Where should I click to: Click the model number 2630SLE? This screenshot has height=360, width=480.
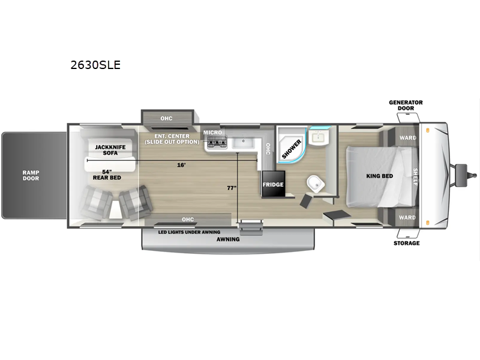(95, 65)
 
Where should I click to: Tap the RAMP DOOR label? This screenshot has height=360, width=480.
(31, 175)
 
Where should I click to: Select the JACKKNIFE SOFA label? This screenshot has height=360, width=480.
(110, 150)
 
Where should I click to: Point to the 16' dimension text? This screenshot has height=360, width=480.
(181, 165)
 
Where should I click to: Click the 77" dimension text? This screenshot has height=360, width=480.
(232, 188)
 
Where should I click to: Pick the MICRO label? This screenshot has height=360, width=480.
(212, 133)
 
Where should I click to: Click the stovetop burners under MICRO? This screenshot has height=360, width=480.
(217, 143)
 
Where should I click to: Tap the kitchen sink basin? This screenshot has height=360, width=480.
(243, 143)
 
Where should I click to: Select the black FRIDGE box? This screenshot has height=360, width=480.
(274, 184)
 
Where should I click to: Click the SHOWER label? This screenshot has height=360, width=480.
(292, 149)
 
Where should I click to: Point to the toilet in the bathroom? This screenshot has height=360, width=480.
(316, 184)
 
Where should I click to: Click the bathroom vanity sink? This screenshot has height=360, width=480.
(319, 137)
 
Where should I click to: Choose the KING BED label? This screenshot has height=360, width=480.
(380, 176)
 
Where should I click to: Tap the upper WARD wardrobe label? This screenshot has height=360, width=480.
(408, 138)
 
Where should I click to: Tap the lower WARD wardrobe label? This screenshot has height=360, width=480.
(407, 217)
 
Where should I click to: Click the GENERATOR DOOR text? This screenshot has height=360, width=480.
(406, 106)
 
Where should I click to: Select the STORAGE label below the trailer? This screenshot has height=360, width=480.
(407, 243)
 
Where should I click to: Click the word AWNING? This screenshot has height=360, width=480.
(228, 239)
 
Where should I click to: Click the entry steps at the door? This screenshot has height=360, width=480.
(251, 227)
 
